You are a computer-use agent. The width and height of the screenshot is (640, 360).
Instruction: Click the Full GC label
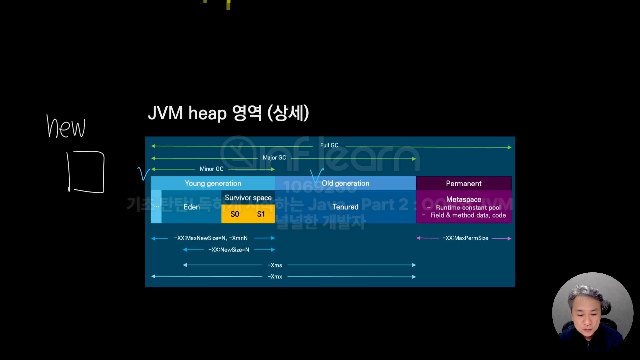tap(329, 145)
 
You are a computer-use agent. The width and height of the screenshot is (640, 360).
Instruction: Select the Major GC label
tap(274, 158)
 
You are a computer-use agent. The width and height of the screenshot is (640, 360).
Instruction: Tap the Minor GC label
tap(211, 169)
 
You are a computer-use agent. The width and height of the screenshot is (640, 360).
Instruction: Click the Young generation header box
tap(213, 183)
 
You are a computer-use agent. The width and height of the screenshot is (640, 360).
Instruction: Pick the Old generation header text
tap(345, 183)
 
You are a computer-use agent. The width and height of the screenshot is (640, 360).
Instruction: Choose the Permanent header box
tap(464, 184)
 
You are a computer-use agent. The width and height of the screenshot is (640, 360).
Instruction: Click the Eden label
tap(192, 207)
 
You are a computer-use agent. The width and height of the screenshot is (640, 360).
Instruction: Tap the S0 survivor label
tap(235, 214)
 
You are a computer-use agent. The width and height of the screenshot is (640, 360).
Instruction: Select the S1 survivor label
tap(261, 214)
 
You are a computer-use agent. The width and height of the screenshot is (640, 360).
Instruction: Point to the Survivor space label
tap(248, 198)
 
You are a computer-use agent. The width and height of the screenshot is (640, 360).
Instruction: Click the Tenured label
tap(345, 207)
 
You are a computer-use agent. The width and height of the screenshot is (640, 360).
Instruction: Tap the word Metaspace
tap(464, 199)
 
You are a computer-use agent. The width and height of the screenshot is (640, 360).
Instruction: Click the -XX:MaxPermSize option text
tap(465, 238)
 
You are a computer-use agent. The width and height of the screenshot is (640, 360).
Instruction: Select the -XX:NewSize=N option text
tap(229, 250)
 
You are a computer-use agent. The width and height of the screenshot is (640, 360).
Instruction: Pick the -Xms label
tap(275, 265)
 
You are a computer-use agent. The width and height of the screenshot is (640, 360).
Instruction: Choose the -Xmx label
tap(275, 277)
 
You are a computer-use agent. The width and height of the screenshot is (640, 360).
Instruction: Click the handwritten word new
tap(66, 127)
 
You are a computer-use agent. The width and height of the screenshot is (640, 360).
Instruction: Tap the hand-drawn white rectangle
tap(86, 172)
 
